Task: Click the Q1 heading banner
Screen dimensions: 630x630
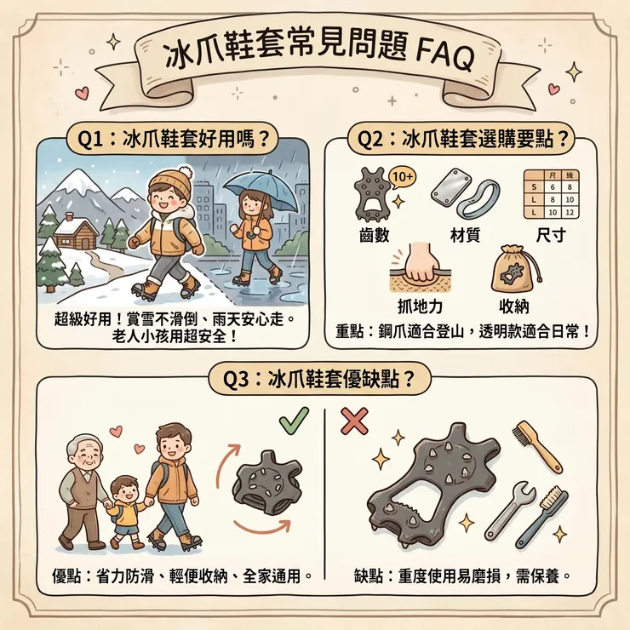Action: pyautogui.click(x=169, y=136)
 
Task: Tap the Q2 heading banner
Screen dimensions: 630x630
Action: pyautogui.click(x=464, y=136)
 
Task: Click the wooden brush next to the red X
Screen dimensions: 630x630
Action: pyautogui.click(x=537, y=445)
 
